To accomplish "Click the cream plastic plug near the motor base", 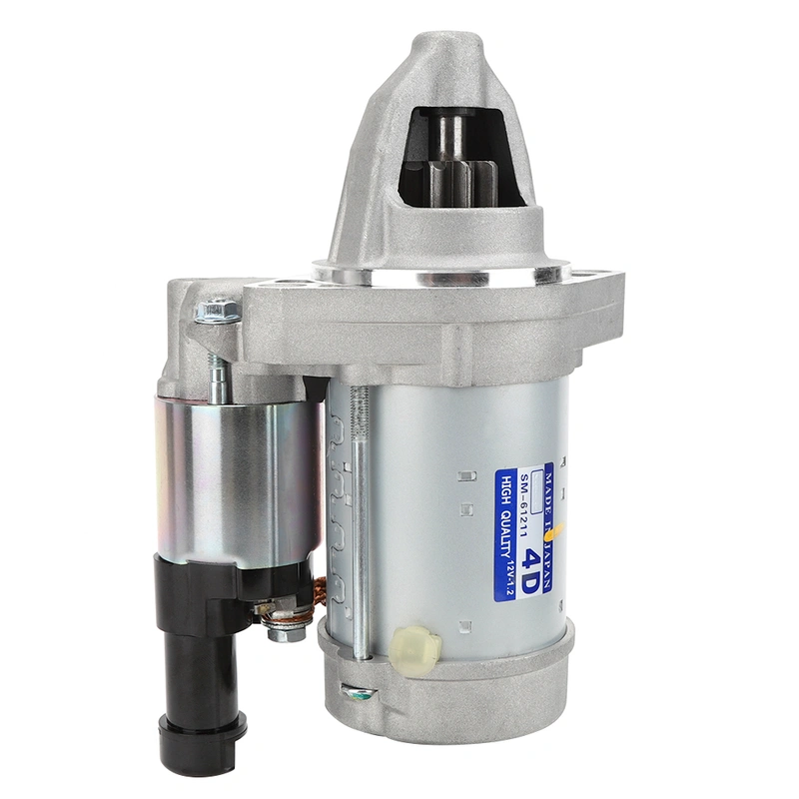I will pyautogui.click(x=418, y=647).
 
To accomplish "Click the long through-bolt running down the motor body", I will pyautogui.click(x=361, y=519).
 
